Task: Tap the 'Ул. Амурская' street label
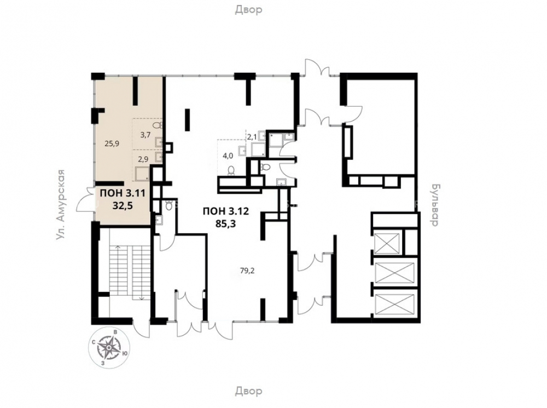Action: [x=62, y=205]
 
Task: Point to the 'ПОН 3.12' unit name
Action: [x=226, y=211]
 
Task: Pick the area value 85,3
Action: [x=226, y=223]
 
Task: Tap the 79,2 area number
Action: [x=247, y=270]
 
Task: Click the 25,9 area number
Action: [x=112, y=143]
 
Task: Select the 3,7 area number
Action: [x=145, y=135]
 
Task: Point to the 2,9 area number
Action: [x=143, y=159]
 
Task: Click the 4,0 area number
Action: [x=228, y=156]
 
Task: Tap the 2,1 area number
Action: [x=252, y=137]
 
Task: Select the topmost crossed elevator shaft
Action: [x=387, y=243]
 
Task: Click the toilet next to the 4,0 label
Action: [x=231, y=171]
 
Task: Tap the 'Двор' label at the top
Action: [x=248, y=9]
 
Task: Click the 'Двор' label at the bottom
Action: [x=248, y=391]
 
